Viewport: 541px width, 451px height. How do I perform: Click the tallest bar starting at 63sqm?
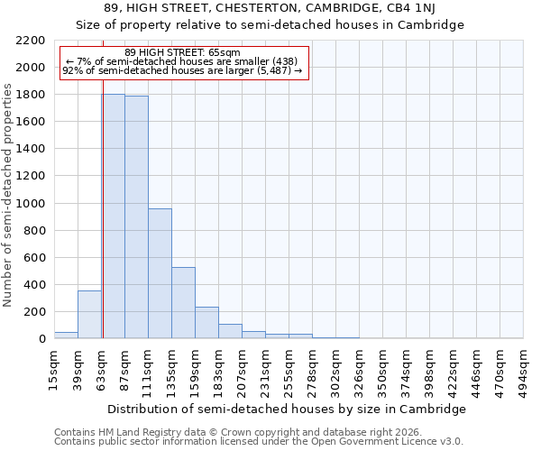113,216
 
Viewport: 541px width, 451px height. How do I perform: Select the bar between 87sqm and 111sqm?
136,217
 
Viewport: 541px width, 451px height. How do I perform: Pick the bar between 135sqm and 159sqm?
183,303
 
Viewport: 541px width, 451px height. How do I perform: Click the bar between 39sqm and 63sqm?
89,315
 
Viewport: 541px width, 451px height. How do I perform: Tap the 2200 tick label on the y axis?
30,41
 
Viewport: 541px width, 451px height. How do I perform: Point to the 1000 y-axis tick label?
30,204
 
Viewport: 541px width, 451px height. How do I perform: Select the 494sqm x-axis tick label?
523,369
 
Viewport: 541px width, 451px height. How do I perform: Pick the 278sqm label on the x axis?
312,369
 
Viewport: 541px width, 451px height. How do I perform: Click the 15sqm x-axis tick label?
54,367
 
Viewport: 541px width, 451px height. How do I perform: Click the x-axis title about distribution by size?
289,409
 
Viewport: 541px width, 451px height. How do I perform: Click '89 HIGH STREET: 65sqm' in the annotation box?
183,53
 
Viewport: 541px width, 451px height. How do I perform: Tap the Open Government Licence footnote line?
259,442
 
